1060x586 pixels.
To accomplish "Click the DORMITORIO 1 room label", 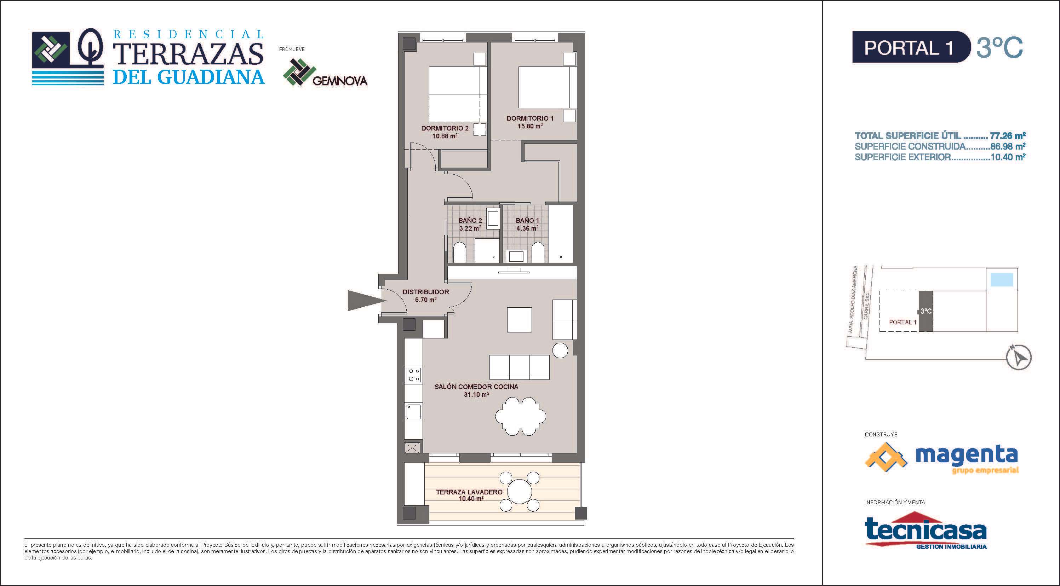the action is coord(530,118).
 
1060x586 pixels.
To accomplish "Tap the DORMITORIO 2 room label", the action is coord(445,128).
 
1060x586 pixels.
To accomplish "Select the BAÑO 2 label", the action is coord(470,221).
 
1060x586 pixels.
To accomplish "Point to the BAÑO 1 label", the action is coord(527,221).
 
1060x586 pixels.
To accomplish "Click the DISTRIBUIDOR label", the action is coord(426,292).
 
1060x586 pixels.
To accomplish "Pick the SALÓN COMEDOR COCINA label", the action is coord(476,387).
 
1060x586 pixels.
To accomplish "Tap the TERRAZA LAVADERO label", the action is coord(469,492).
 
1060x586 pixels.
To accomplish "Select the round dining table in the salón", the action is coord(521,416).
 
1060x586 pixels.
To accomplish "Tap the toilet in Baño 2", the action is coord(459,252).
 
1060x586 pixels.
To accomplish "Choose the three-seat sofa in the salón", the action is coord(519,367).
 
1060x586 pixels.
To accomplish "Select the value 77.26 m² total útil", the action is coord(1007,136).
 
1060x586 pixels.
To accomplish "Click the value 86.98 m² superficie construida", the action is coord(1007,146).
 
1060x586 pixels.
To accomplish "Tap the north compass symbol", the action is coord(1019,357).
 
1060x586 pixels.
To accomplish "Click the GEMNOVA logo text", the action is coord(340,81).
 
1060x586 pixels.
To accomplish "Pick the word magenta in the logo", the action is coord(966,455).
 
